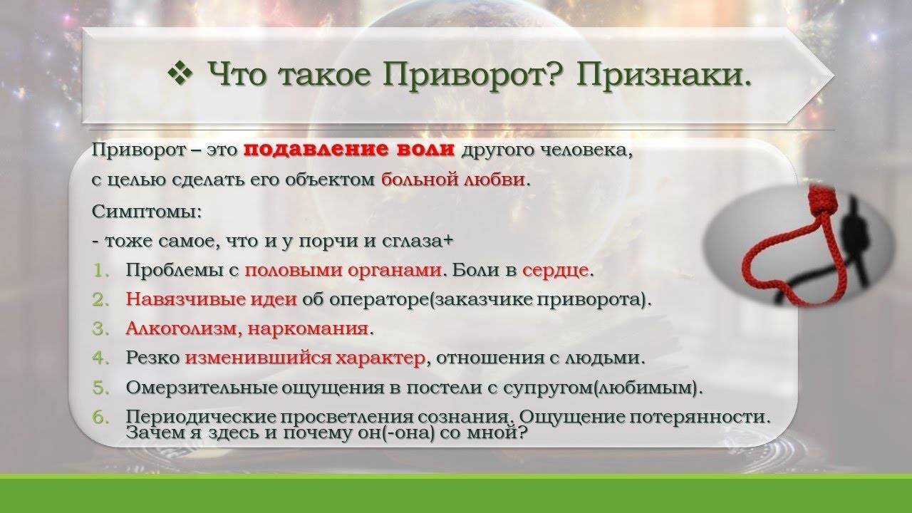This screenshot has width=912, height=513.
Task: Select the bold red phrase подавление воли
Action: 349,150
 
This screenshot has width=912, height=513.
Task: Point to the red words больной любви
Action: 453,180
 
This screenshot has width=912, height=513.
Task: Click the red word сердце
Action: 555,270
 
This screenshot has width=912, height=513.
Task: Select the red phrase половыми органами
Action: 343,270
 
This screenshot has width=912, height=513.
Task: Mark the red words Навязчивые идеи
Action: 212,300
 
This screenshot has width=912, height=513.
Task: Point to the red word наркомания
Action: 309,329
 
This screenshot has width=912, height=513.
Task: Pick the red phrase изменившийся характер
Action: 306,358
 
